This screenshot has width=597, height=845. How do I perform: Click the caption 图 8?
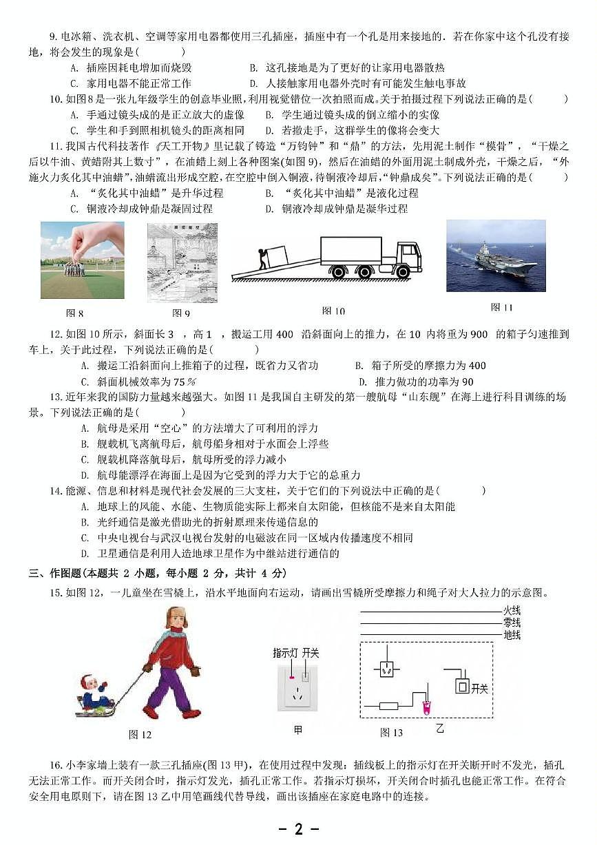74,313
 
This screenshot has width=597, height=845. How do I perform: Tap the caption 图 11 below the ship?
502,307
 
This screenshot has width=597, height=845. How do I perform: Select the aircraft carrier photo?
496,255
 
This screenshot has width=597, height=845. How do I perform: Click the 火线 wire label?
512,610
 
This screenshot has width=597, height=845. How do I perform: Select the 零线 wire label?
512,623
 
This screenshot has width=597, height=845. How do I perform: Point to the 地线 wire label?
512,634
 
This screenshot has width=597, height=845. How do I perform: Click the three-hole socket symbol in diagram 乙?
386,668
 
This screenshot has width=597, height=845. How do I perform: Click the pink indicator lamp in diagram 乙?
426,705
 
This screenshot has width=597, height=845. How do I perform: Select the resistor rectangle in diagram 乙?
389,705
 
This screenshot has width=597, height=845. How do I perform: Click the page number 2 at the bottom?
298,828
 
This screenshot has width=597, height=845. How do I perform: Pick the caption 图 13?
391,733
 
